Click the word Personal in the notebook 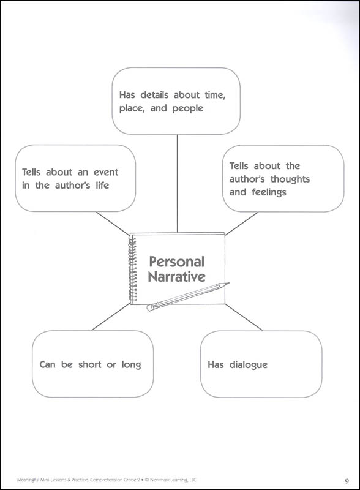point(176,262)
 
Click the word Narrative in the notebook point(176,277)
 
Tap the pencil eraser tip point(149,308)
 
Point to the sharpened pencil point point(228,284)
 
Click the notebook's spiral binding point(132,269)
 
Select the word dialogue point(249,365)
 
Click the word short point(89,364)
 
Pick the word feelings point(269,192)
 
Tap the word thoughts point(290,179)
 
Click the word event point(106,172)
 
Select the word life point(102,186)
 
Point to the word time point(215,95)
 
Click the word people point(187,108)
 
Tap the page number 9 point(347,481)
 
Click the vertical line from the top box point(177,183)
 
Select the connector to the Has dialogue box point(244,317)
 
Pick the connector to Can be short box point(111,316)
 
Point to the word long point(131,365)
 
